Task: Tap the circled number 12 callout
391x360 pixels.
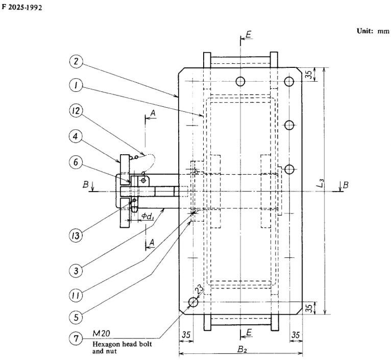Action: click(76, 113)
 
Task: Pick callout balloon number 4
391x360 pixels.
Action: click(76, 137)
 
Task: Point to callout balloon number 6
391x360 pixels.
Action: click(76, 160)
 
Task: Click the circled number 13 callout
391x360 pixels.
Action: click(76, 235)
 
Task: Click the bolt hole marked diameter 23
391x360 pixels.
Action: click(193, 302)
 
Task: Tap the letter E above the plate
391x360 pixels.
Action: click(249, 34)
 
